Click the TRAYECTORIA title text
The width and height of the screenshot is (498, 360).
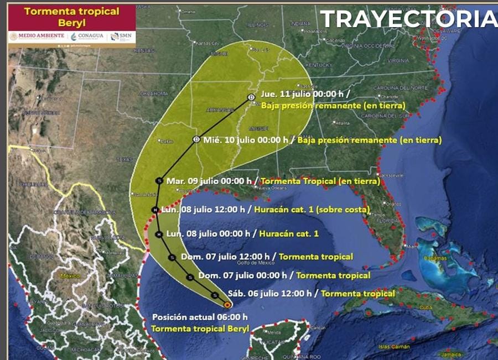[408, 19]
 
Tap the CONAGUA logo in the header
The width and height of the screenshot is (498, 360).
[88, 36]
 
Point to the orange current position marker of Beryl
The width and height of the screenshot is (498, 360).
[227, 304]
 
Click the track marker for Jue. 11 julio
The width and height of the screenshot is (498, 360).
[251, 97]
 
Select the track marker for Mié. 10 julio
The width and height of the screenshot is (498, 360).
[196, 139]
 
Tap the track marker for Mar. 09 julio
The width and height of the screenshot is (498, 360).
[159, 181]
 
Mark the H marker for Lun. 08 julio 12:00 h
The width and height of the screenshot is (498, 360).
[155, 210]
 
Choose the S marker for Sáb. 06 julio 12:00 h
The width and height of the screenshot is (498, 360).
[215, 295]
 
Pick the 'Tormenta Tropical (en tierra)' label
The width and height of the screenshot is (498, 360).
[320, 181]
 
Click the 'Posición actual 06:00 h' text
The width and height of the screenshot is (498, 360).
[199, 317]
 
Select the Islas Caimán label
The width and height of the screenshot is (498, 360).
[395, 347]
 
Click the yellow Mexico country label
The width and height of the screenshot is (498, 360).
[70, 275]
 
